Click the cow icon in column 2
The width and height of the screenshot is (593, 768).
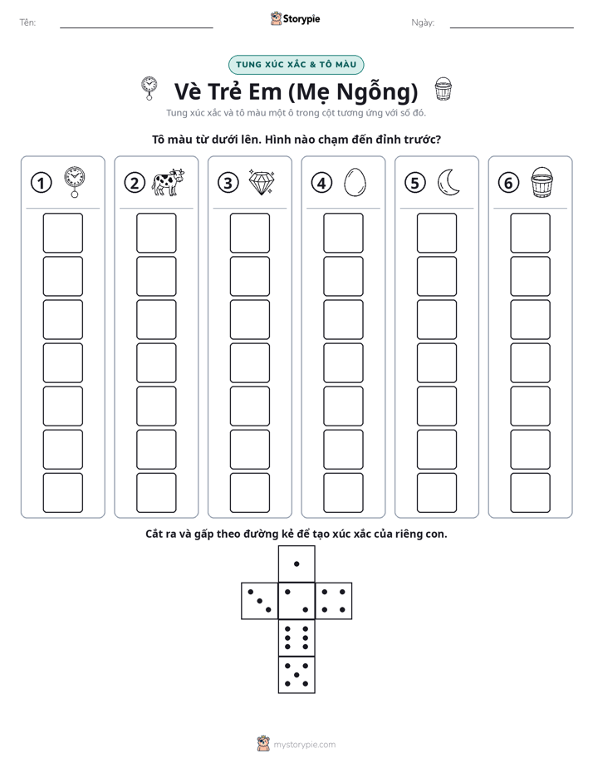(168, 183)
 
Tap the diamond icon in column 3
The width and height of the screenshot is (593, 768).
(262, 183)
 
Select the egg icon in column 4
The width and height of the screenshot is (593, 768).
(355, 183)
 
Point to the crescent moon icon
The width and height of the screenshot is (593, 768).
(448, 183)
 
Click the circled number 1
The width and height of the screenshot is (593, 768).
(41, 183)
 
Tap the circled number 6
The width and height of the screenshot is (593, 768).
(508, 183)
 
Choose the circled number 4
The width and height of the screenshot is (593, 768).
(321, 183)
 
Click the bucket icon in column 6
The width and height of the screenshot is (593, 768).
(542, 182)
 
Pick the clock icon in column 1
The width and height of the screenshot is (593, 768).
(75, 182)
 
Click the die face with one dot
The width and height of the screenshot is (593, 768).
(296, 564)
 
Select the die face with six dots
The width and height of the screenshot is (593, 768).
(296, 638)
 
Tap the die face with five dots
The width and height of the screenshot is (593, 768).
(296, 674)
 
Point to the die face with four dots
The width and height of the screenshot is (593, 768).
(334, 601)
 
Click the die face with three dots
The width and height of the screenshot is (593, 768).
(260, 601)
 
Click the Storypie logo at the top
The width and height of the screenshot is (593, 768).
(295, 19)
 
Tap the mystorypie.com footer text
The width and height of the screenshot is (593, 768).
(304, 745)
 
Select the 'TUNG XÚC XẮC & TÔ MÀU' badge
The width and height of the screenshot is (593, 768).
(296, 65)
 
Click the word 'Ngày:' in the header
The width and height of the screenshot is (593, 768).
(423, 22)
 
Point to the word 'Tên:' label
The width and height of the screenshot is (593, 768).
(27, 22)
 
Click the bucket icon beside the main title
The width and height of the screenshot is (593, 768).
(444, 89)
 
